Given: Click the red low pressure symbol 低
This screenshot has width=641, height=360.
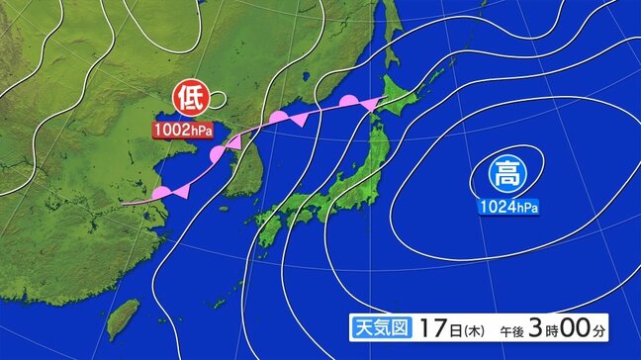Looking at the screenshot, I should [x=188, y=99].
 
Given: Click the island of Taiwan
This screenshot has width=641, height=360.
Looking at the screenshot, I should [x=122, y=315].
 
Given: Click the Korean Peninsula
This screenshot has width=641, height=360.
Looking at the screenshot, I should [x=238, y=168].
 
